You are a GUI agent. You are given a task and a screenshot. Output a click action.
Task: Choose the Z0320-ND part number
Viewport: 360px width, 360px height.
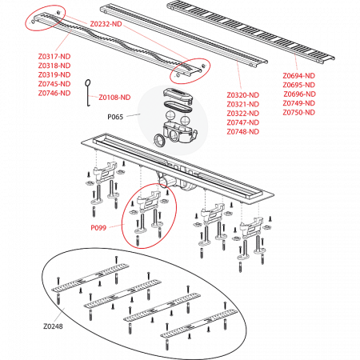pos(243,96)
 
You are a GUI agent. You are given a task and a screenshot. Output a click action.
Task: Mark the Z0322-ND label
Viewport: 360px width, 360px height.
pos(243,114)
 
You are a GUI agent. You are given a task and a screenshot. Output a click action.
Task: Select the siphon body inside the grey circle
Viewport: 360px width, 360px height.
pos(175,129)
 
